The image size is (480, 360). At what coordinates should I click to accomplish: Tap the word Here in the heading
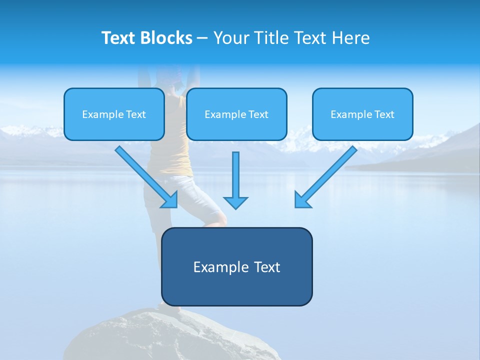click(x=351, y=38)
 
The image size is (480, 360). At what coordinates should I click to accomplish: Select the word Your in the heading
click(x=231, y=38)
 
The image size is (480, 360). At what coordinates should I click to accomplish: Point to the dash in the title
click(x=202, y=38)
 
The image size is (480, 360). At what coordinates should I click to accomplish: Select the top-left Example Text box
click(x=114, y=114)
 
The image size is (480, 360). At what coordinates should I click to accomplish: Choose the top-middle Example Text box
click(x=236, y=114)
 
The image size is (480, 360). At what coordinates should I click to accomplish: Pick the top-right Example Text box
click(x=362, y=114)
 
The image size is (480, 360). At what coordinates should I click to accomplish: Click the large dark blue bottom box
click(x=236, y=266)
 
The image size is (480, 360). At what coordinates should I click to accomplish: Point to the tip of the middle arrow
click(x=235, y=207)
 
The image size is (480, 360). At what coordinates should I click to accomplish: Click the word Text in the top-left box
click(x=135, y=114)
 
